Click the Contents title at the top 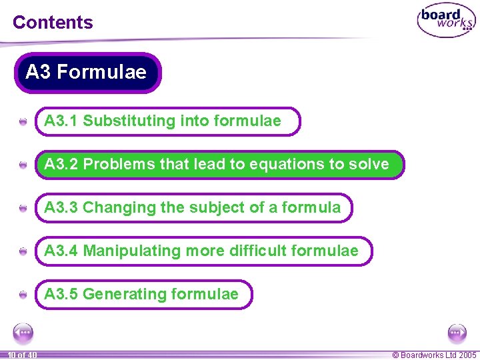click(53, 22)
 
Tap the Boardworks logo click(447, 21)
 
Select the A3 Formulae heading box click(87, 72)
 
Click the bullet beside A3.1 click(23, 122)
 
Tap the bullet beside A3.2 click(23, 165)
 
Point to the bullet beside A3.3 click(23, 208)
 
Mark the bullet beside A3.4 click(23, 251)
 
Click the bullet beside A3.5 click(23, 295)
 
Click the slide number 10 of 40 click(22, 355)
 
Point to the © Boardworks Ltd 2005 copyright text click(434, 355)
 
